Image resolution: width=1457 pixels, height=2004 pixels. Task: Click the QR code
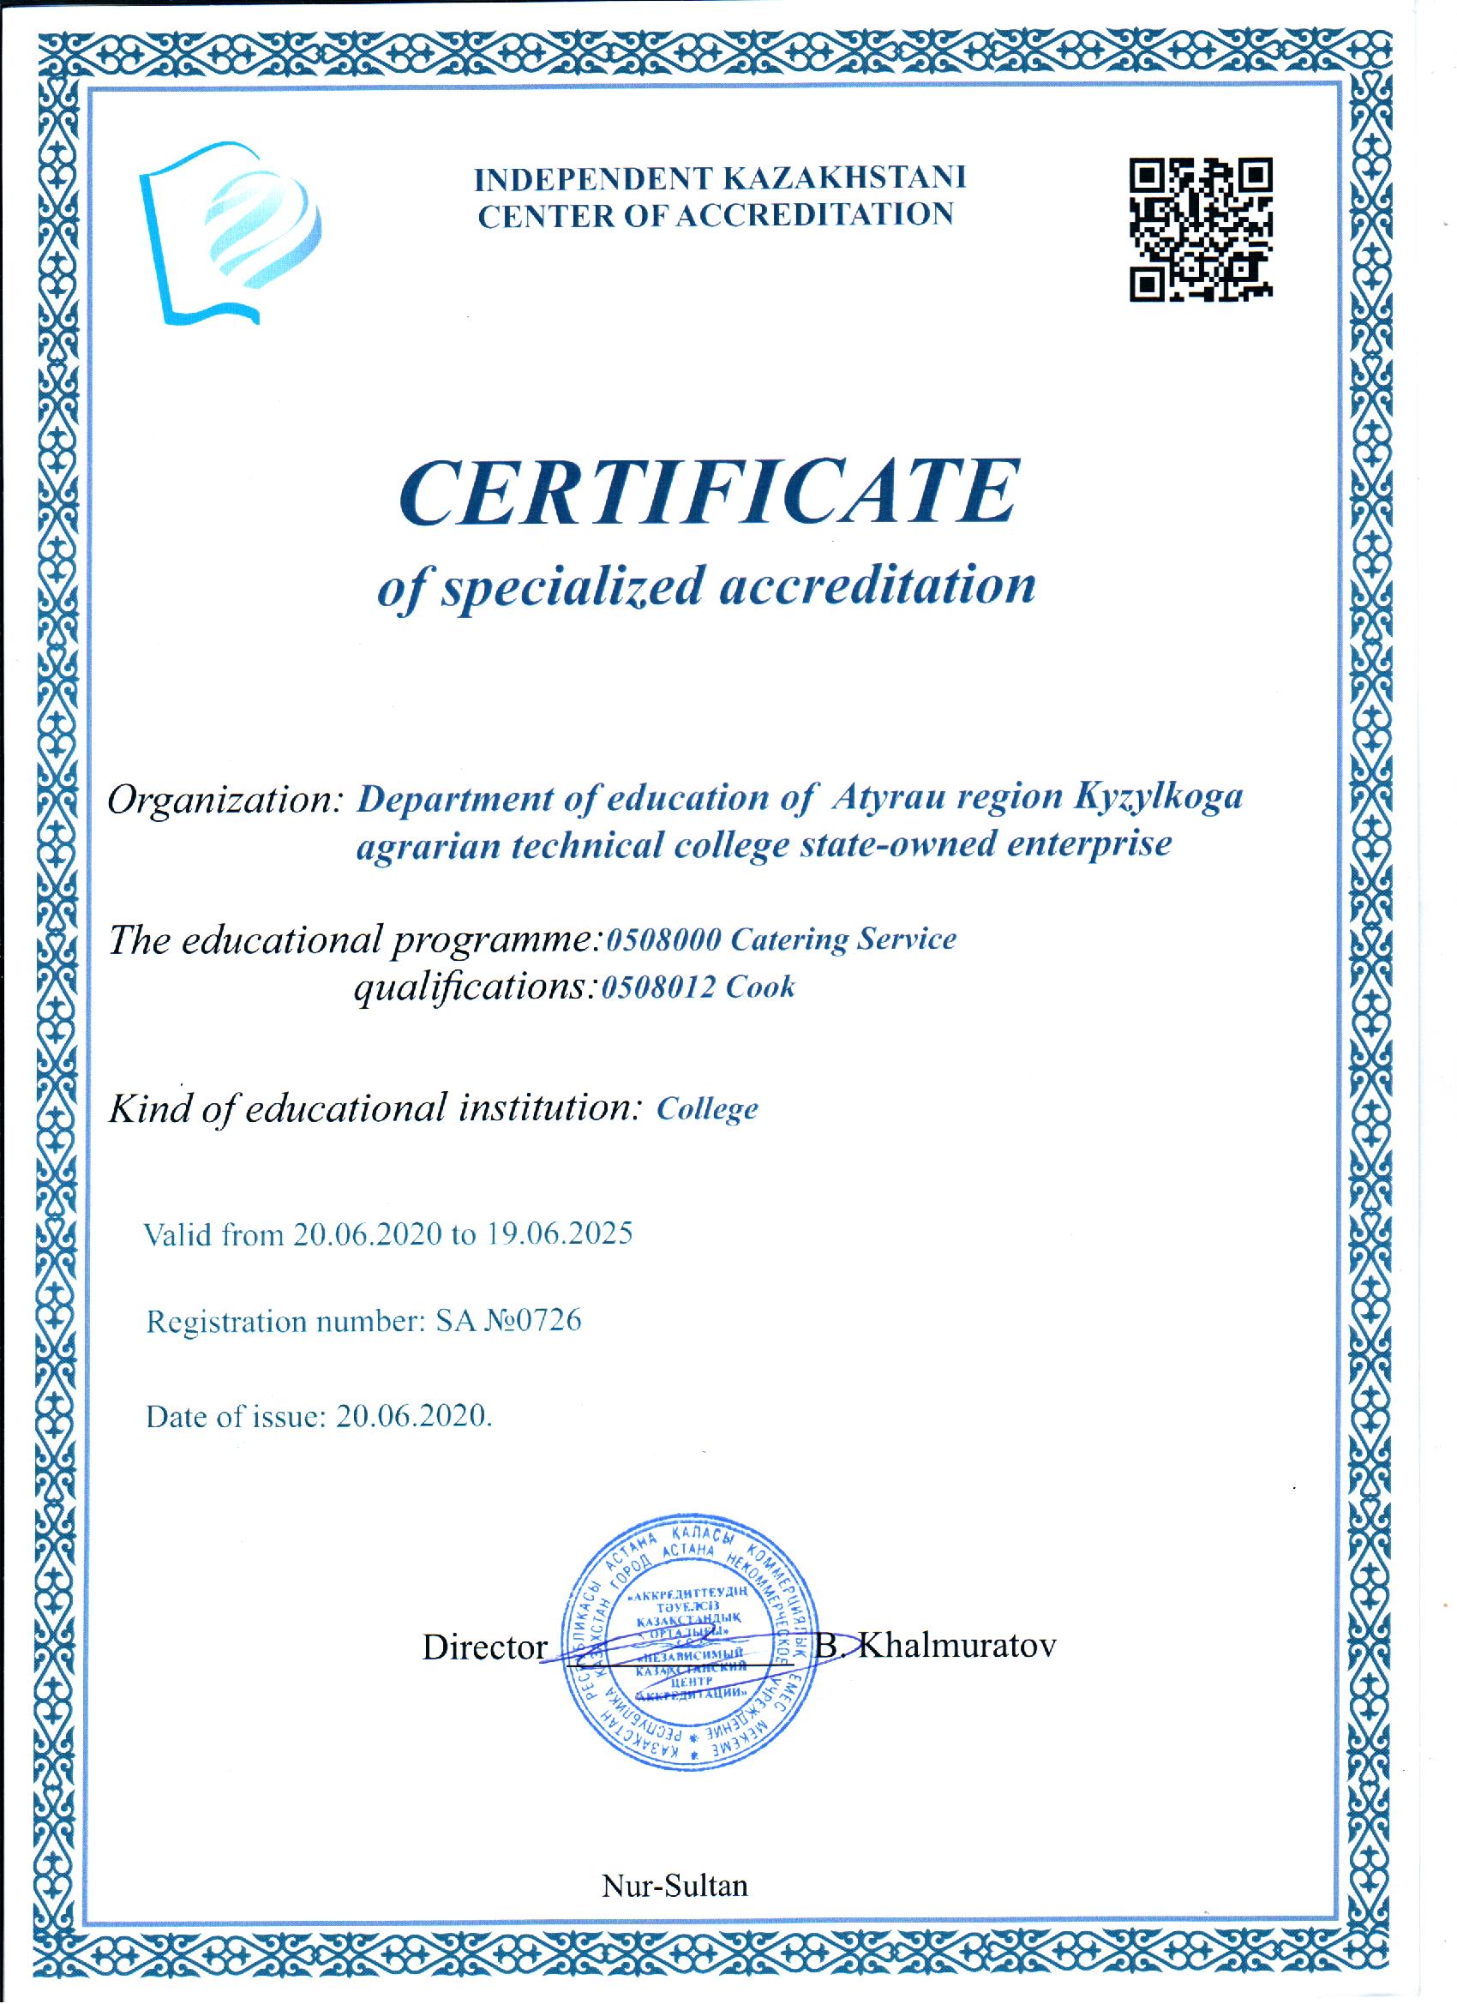(x=1201, y=230)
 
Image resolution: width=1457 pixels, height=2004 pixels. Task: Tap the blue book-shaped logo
(x=230, y=231)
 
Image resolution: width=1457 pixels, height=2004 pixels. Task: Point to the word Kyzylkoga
(x=1159, y=797)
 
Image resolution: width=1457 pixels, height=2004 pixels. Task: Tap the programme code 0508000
(x=662, y=939)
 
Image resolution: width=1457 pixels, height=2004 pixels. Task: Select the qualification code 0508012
(x=658, y=987)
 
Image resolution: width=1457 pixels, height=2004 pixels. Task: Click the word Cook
(x=760, y=987)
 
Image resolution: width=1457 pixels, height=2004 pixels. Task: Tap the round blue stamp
(x=691, y=1645)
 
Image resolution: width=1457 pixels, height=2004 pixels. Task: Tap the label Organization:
(x=225, y=800)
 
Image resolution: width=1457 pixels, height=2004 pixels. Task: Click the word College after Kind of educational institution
(x=707, y=1109)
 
